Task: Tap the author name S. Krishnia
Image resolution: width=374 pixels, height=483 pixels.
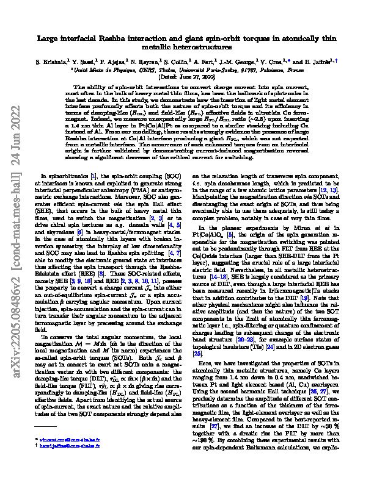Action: coord(52,62)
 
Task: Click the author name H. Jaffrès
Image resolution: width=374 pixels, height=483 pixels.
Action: coord(319,62)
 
